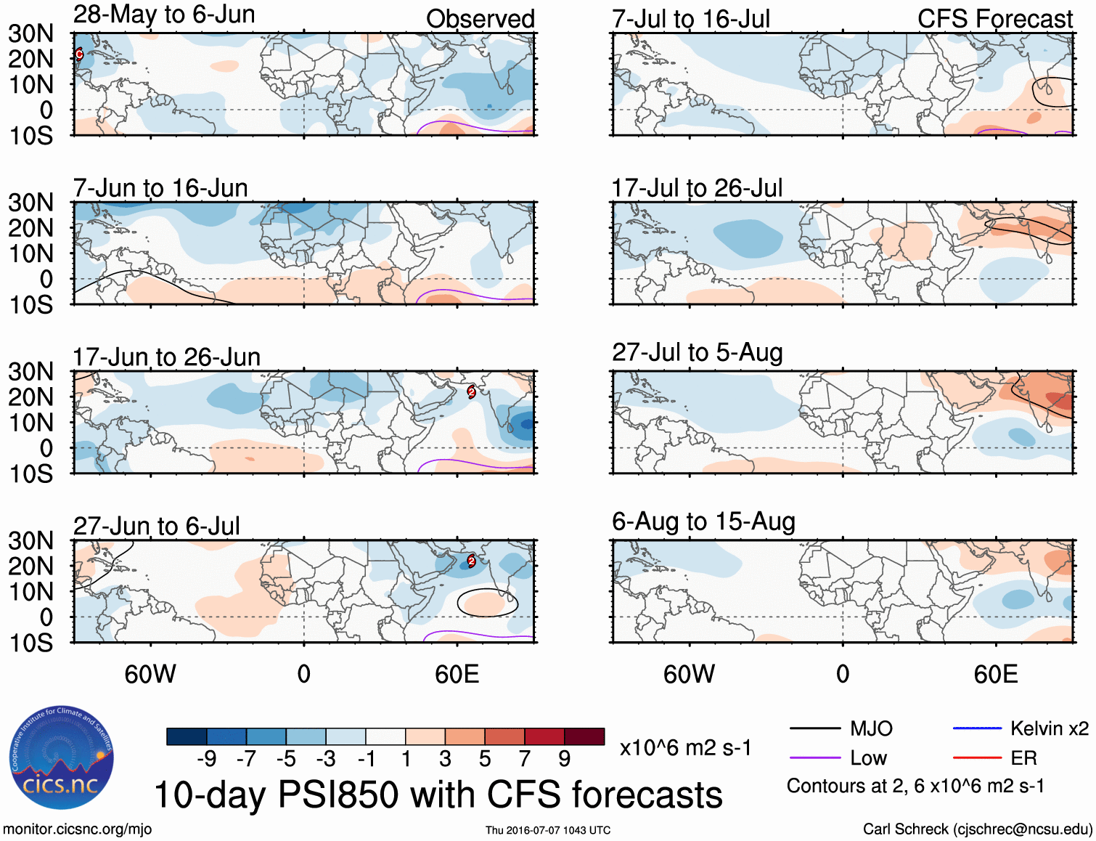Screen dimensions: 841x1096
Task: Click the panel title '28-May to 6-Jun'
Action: click(x=164, y=15)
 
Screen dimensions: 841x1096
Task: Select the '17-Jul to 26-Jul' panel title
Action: click(x=697, y=189)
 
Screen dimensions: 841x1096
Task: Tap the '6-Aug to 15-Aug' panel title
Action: click(x=703, y=521)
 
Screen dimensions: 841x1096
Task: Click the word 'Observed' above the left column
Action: click(x=480, y=19)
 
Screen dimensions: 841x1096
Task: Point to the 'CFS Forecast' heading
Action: click(x=994, y=19)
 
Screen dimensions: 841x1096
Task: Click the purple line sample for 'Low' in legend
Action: click(x=815, y=758)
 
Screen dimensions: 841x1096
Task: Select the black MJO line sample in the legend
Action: click(x=815, y=728)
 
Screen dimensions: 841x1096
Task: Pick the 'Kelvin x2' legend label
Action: click(x=1049, y=728)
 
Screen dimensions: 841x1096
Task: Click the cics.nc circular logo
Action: click(x=61, y=758)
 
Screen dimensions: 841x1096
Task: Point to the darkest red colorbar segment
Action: click(x=584, y=736)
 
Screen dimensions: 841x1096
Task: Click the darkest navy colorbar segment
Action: click(x=186, y=736)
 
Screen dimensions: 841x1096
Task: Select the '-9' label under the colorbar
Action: click(x=206, y=759)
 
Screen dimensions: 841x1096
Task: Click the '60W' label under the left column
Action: click(x=150, y=674)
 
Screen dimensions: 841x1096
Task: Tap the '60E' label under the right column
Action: click(x=995, y=674)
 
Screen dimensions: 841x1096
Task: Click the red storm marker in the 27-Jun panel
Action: click(x=471, y=560)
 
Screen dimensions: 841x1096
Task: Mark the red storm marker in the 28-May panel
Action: click(x=79, y=54)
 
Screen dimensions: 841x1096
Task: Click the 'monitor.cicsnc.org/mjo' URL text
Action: click(x=77, y=829)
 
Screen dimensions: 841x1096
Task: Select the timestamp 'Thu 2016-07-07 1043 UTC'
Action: click(x=548, y=830)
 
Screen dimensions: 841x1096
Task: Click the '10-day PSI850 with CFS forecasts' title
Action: click(x=438, y=795)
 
